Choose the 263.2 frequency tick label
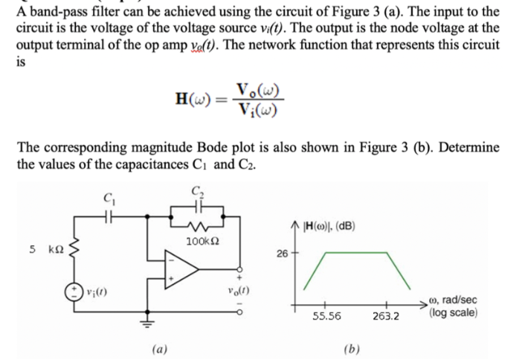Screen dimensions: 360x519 click(x=385, y=315)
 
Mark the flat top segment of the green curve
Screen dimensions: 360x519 click(x=353, y=253)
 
